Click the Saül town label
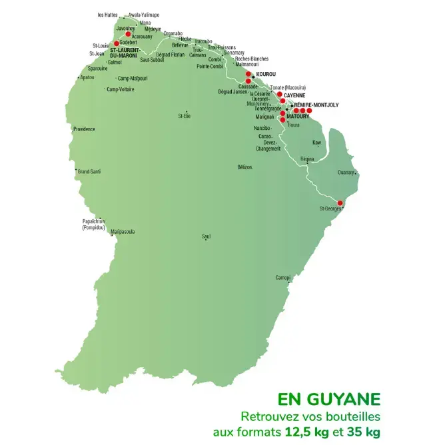(206, 236)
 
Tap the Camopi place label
(283, 277)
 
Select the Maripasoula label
(123, 232)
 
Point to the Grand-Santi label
(89, 171)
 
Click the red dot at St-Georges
(340, 203)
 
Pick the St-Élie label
(185, 115)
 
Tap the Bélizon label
(245, 167)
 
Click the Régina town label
(307, 159)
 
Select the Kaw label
(316, 143)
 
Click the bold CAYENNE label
(294, 95)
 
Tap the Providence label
(84, 129)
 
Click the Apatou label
(87, 77)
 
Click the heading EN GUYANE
(329, 399)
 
